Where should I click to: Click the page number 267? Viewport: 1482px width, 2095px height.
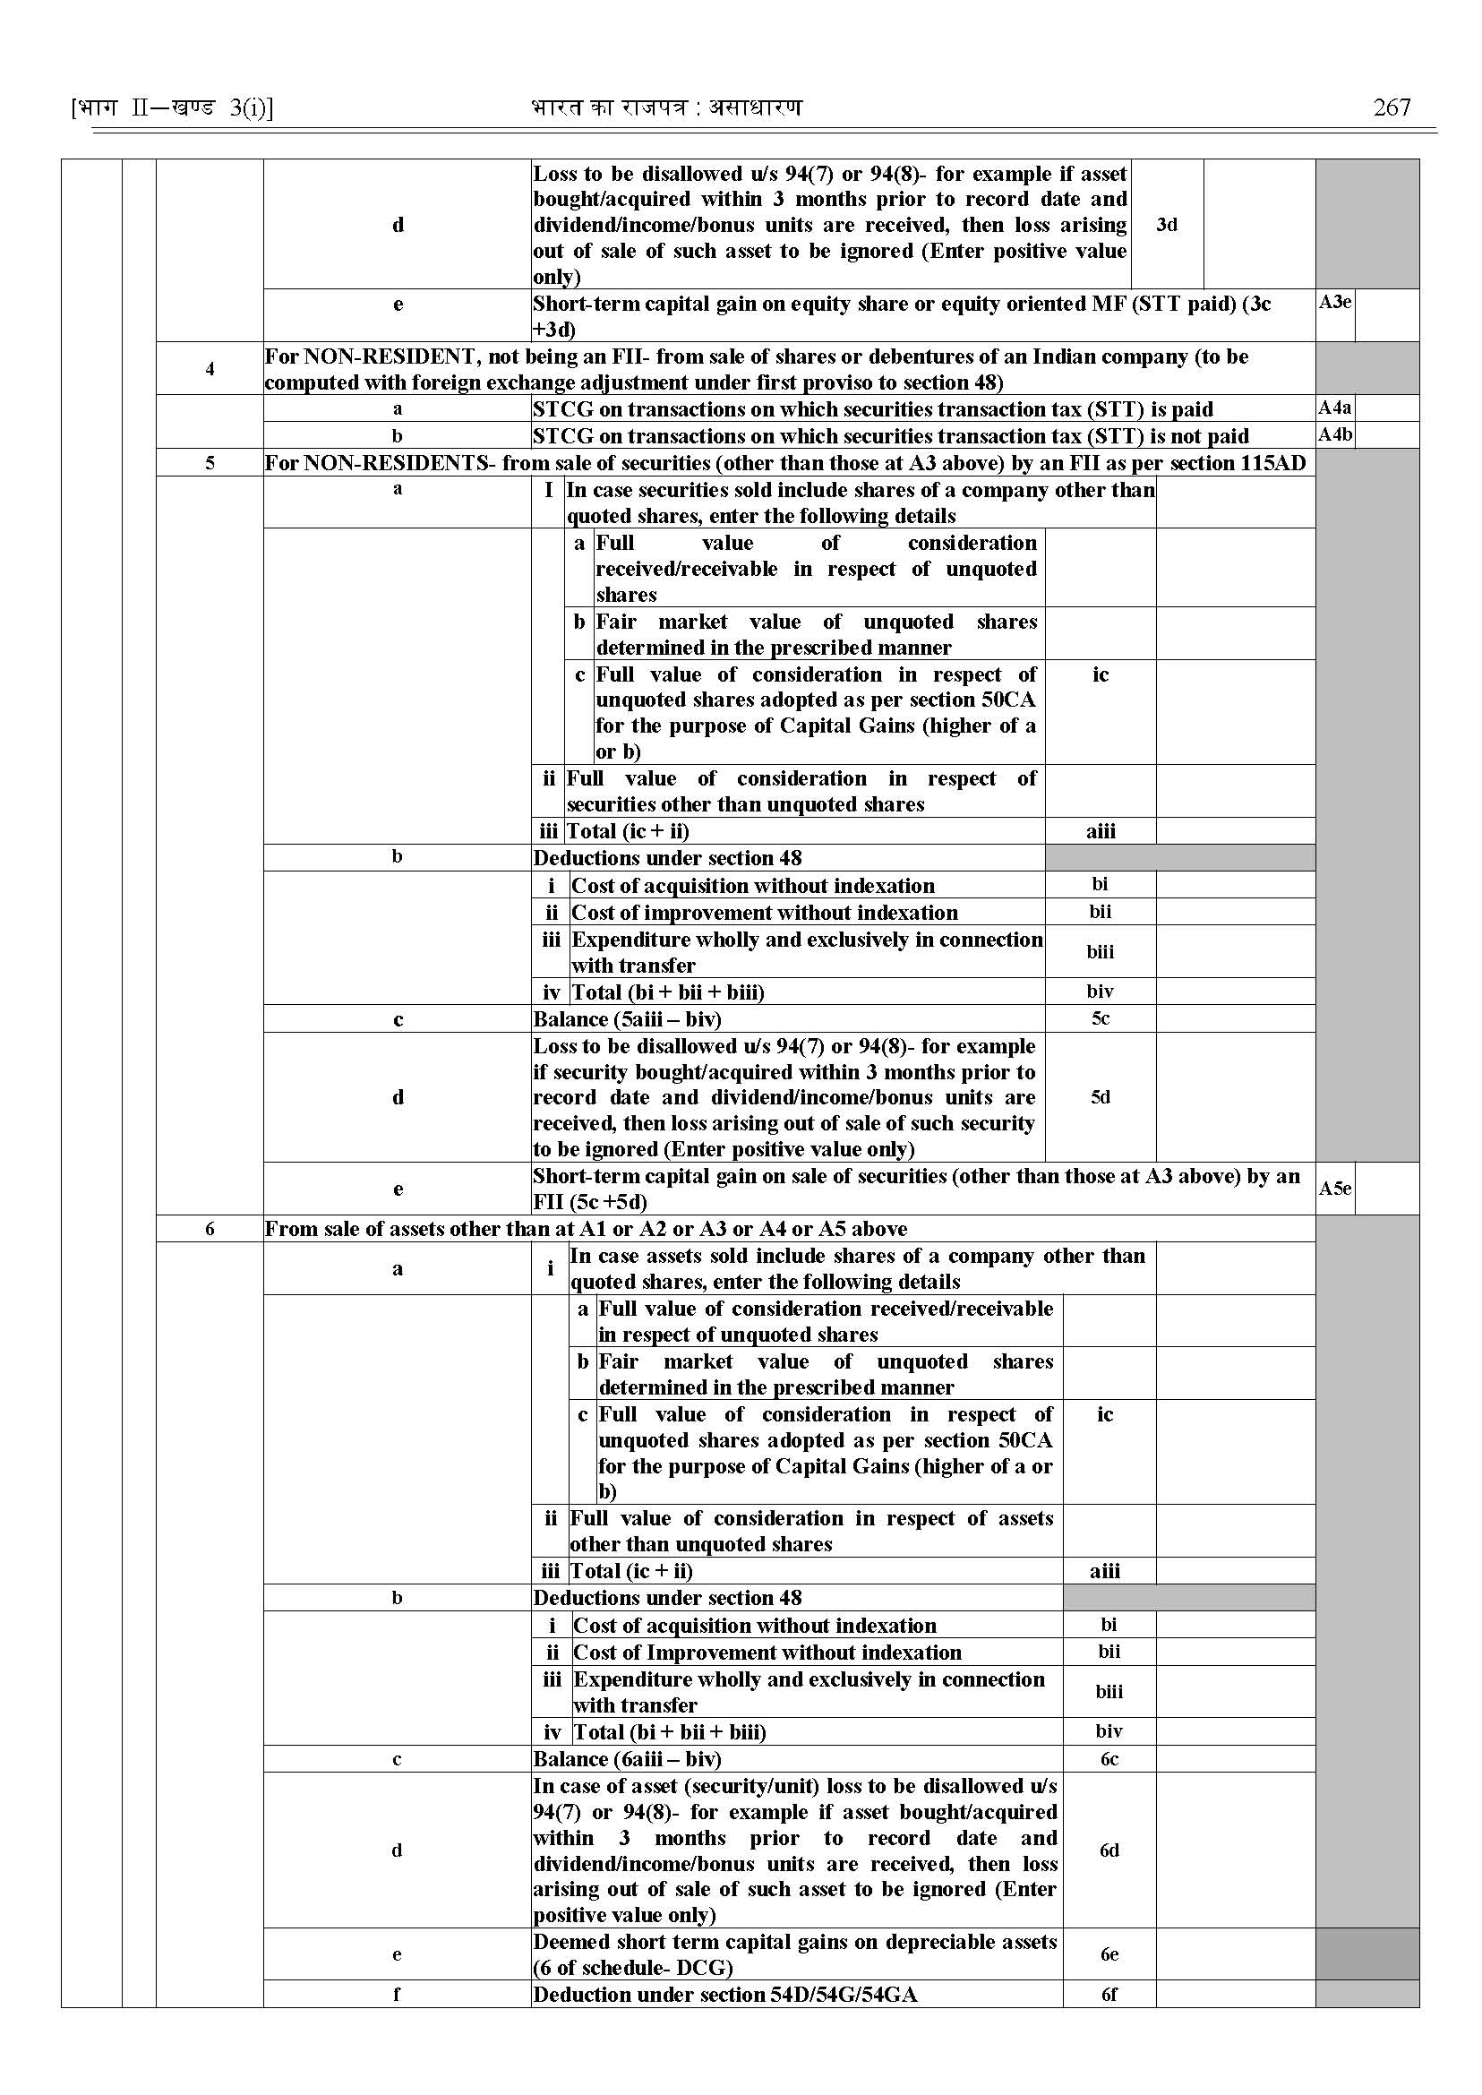pos(1391,107)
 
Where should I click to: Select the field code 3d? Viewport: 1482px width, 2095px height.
pos(1166,225)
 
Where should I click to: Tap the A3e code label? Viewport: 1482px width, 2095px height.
pos(1334,302)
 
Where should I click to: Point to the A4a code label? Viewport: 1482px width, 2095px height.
pos(1334,408)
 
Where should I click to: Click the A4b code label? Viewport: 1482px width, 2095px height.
pos(1334,434)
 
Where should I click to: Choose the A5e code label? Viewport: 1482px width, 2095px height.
pos(1334,1189)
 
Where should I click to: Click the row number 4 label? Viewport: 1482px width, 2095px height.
pos(210,369)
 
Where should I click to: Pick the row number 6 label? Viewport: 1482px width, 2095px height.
pos(210,1229)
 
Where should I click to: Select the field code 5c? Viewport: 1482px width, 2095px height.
pos(1101,1018)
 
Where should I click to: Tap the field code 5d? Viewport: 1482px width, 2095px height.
pos(1101,1097)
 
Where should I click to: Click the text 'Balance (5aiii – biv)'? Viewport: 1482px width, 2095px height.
pos(627,1019)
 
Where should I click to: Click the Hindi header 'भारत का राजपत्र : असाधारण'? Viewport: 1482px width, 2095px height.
pos(666,107)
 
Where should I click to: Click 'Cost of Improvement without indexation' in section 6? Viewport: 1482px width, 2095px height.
pos(767,1653)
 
